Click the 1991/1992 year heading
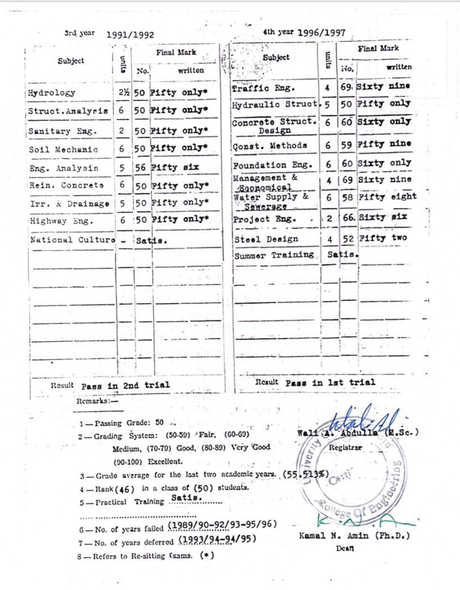click(130, 35)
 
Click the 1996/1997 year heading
click(321, 33)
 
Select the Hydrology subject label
click(52, 93)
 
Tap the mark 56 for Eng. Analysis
click(140, 167)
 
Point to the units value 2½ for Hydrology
click(124, 92)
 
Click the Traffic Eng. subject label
click(263, 88)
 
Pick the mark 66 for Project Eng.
click(349, 217)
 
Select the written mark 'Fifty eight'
click(387, 197)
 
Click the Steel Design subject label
click(266, 239)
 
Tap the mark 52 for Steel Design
click(348, 239)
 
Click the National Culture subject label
click(72, 240)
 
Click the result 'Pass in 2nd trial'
click(125, 385)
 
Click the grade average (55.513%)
click(305, 474)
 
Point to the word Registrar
click(346, 448)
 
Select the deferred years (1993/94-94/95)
click(218, 539)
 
